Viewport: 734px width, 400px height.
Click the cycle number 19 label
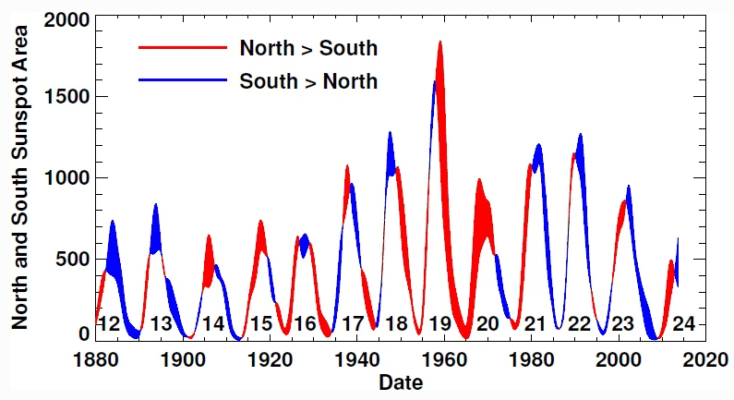(x=439, y=324)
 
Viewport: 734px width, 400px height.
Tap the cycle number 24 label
(x=683, y=324)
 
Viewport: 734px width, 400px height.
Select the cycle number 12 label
(x=109, y=324)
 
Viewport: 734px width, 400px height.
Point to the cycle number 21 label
(x=535, y=324)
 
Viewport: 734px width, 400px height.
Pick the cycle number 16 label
(x=305, y=324)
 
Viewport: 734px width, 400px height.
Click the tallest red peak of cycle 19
(x=440, y=42)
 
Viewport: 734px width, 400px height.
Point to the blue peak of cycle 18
(x=391, y=134)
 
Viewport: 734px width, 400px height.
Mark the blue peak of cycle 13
(x=155, y=205)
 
